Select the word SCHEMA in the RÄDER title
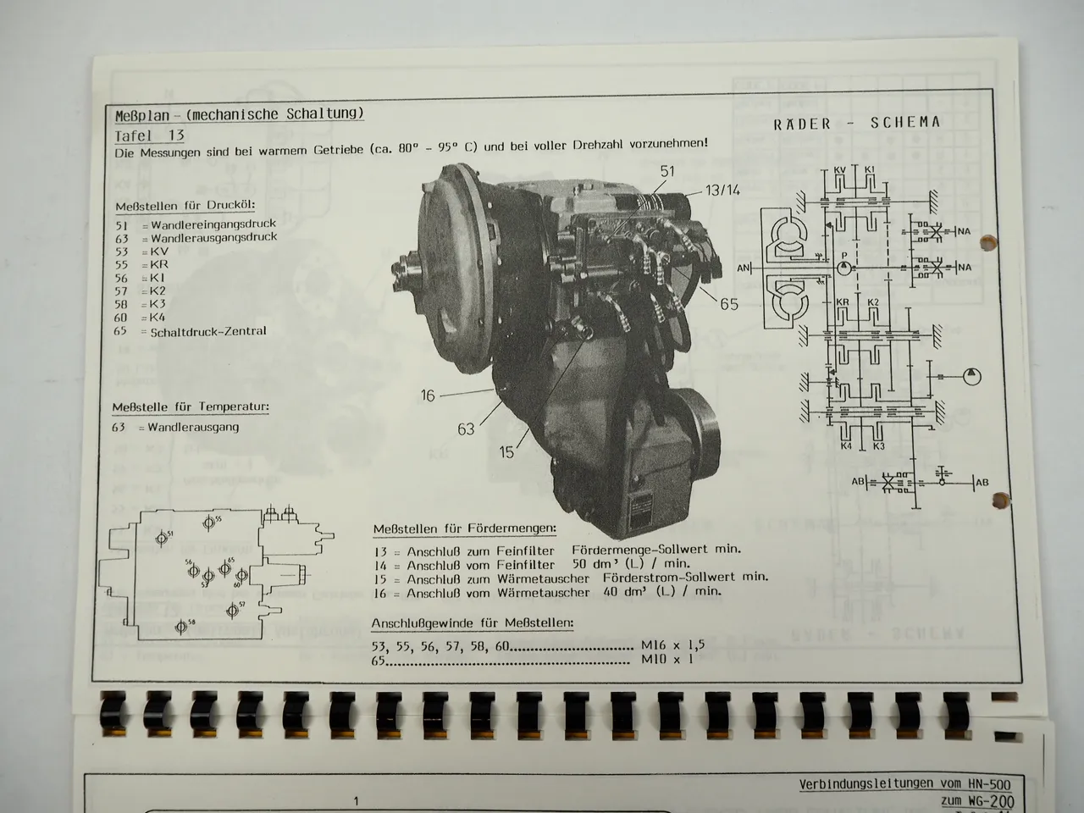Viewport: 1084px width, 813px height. coord(905,122)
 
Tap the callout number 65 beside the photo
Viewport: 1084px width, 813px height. coord(729,303)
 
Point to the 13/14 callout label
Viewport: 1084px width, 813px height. coord(721,190)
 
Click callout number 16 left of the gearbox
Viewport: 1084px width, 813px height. coord(429,395)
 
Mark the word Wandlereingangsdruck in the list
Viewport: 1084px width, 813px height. coord(213,224)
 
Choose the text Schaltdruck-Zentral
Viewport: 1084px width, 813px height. coord(208,331)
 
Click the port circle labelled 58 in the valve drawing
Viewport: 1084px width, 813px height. coord(180,628)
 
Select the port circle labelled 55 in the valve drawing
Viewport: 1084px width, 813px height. coord(208,524)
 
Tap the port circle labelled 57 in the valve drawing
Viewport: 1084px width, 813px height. coord(232,610)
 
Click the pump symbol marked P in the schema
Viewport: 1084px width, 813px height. coord(843,267)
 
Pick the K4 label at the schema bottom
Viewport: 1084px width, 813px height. coord(845,445)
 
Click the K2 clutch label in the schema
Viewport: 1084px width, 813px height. coord(874,302)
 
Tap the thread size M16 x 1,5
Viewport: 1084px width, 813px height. coord(673,644)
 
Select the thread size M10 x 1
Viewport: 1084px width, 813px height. coord(667,658)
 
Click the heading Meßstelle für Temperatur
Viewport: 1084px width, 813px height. coord(191,407)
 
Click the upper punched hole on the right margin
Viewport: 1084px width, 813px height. coord(985,245)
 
